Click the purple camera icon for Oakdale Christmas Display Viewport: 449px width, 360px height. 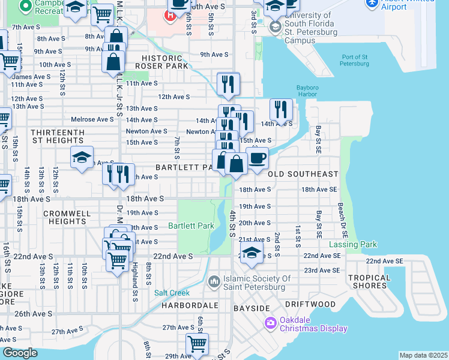coord(271,323)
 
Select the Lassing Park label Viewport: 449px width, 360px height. coord(353,244)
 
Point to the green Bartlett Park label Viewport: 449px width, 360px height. coord(191,226)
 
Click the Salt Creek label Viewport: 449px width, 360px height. coord(172,293)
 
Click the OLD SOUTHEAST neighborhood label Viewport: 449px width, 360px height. coord(303,174)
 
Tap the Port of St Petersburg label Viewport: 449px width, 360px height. coord(354,61)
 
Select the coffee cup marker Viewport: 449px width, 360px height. coord(257,158)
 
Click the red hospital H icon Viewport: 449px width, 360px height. coord(170,14)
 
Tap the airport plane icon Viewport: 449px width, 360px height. coord(371,3)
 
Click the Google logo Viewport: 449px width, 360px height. coord(20,353)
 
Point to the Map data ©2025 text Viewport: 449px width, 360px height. coord(423,355)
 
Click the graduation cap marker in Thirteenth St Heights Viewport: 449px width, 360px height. coord(82,158)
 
